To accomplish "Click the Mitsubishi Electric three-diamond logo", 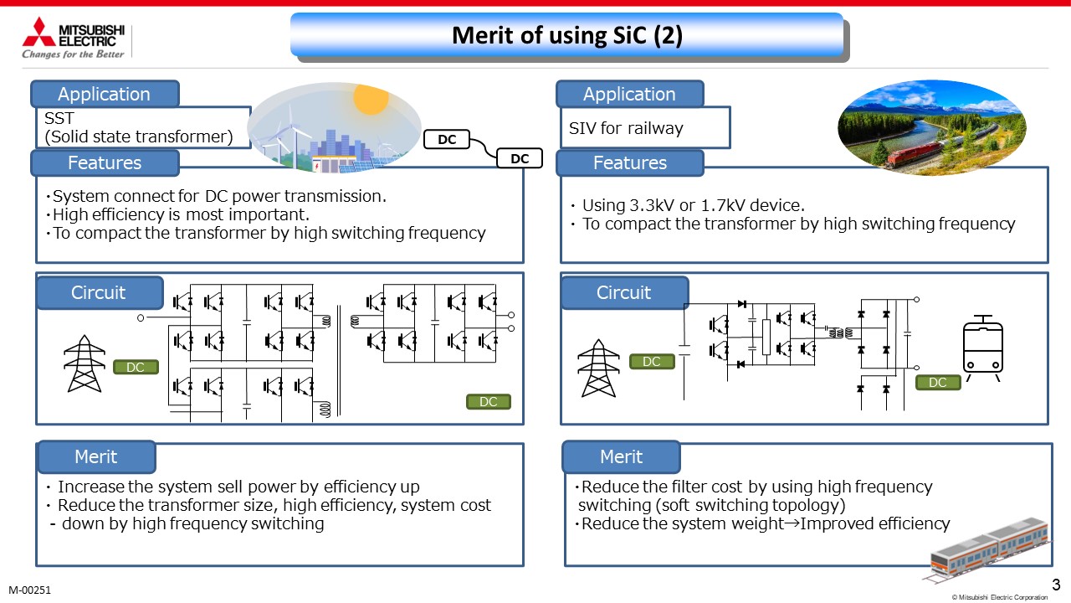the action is click(38, 32).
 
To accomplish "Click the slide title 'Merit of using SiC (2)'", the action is click(567, 35).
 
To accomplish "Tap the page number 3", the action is click(1056, 585).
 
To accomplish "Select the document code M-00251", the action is click(29, 590).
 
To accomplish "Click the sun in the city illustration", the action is click(371, 98).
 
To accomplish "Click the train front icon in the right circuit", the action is click(983, 348).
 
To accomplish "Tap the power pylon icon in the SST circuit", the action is click(85, 363).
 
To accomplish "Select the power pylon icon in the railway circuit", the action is click(598, 368).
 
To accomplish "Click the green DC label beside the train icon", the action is click(938, 383).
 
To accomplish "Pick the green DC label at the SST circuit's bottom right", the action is click(488, 401).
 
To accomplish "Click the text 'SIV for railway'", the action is click(626, 128).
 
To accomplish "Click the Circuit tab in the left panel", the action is click(100, 292).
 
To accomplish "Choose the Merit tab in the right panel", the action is click(621, 456).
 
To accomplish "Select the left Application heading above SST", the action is click(105, 94).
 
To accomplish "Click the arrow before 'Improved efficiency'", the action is click(792, 523).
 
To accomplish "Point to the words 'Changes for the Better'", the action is click(73, 54).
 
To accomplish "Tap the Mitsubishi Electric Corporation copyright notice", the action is click(999, 597).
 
